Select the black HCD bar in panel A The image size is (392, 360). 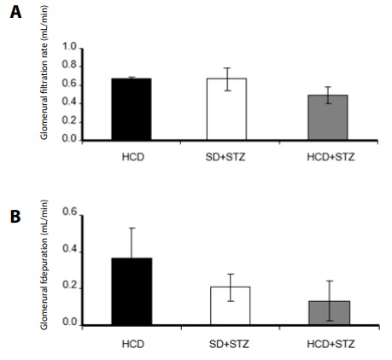(x=132, y=108)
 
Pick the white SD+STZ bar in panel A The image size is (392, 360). (x=227, y=108)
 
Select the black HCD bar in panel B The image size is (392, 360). (x=132, y=291)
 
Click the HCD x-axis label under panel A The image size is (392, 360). (x=132, y=157)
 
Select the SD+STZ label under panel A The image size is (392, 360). (x=227, y=157)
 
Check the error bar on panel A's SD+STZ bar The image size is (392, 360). (x=227, y=78)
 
